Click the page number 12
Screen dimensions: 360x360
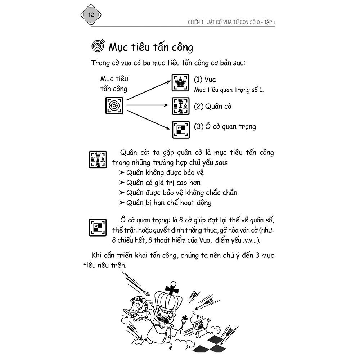(x=90, y=15)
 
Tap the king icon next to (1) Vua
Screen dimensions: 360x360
(x=179, y=83)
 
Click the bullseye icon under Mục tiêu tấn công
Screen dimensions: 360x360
(x=114, y=106)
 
